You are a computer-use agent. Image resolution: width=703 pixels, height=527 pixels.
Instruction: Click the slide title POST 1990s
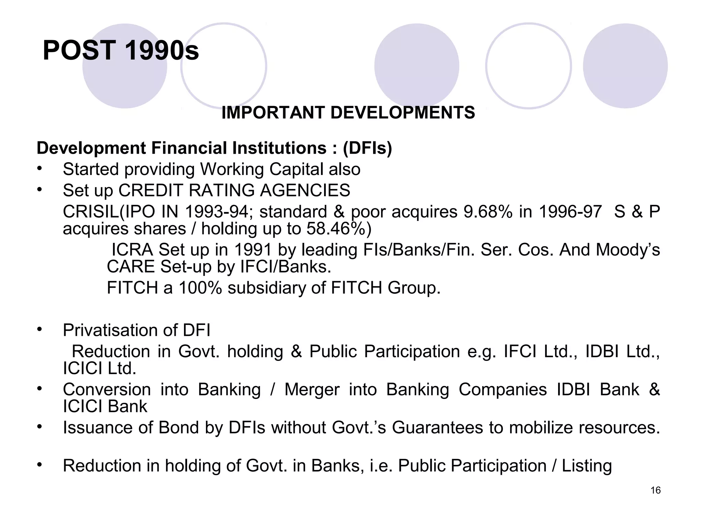[120, 51]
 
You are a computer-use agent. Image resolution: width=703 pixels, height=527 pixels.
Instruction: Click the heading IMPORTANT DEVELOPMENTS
[348, 113]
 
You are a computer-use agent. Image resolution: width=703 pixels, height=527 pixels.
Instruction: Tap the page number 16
[655, 490]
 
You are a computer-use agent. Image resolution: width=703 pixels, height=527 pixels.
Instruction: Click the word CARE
[131, 267]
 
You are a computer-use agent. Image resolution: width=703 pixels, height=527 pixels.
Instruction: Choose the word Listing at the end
[587, 466]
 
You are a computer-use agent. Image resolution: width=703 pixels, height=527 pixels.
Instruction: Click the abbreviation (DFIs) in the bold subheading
[367, 148]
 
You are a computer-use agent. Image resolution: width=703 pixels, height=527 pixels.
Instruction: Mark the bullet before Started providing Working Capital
[40, 168]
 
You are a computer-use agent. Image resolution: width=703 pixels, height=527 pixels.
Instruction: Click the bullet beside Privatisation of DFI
[40, 329]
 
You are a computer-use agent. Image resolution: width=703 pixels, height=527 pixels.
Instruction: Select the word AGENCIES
[305, 190]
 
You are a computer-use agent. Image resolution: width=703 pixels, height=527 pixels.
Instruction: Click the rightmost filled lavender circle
[625, 66]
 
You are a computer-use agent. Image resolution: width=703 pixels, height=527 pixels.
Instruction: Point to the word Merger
[312, 389]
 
